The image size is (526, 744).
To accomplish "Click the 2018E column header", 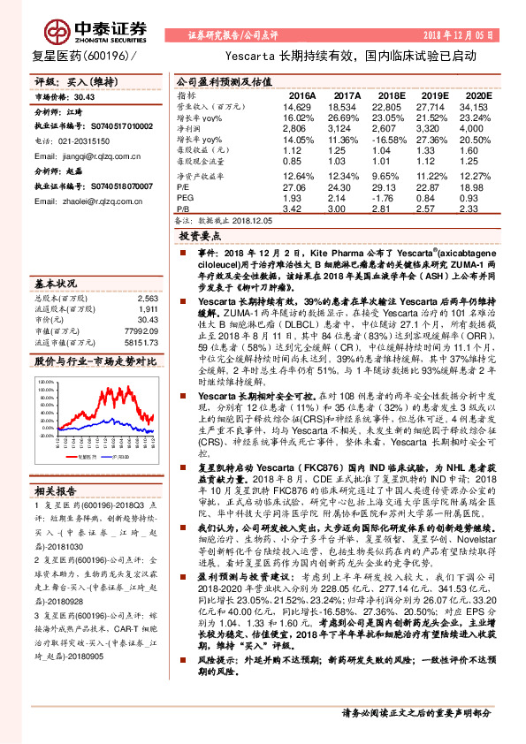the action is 392,95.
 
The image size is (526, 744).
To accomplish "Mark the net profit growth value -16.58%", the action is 392,140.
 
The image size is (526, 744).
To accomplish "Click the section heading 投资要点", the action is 199,237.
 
